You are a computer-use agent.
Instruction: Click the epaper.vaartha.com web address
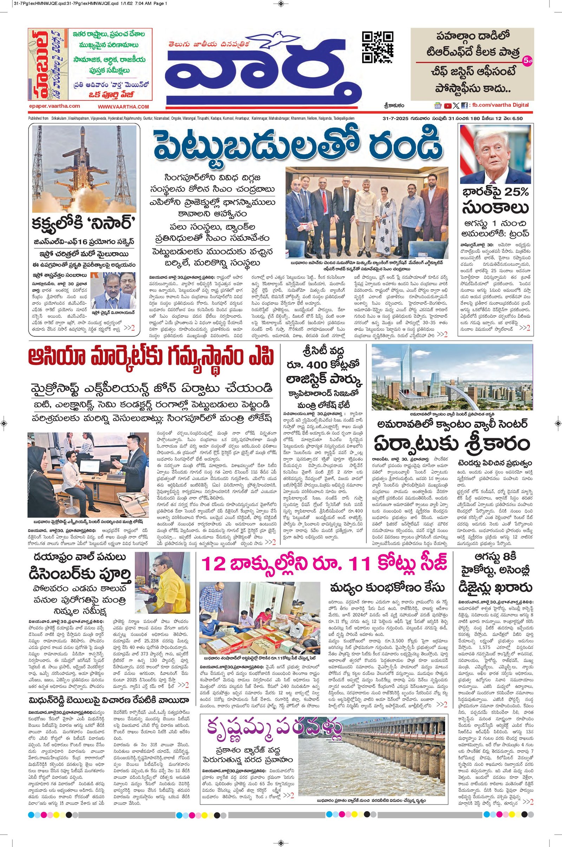54,106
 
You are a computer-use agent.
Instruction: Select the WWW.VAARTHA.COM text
123,106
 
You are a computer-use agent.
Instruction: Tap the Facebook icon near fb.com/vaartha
464,105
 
